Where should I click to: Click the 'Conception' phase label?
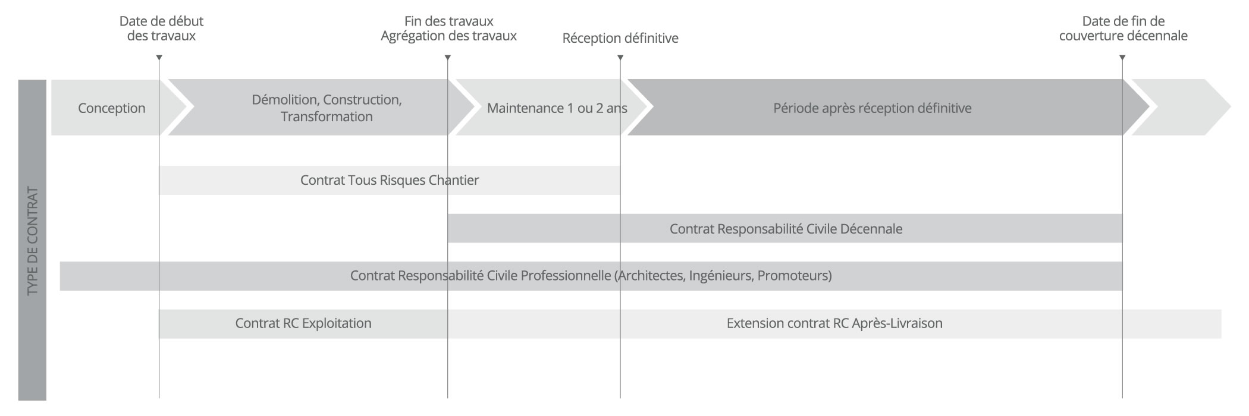click(x=112, y=108)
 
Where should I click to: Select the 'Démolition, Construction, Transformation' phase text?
click(x=327, y=108)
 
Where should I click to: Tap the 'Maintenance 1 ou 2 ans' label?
click(x=557, y=108)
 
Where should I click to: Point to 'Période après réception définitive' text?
click(x=873, y=108)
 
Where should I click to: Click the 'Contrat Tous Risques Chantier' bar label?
click(x=390, y=180)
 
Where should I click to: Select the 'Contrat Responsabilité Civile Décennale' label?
click(x=786, y=229)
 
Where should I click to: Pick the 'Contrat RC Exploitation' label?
click(x=303, y=323)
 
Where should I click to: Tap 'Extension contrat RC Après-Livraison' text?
click(x=834, y=323)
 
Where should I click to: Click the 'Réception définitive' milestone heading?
click(x=620, y=39)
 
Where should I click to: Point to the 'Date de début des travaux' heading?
click(x=161, y=29)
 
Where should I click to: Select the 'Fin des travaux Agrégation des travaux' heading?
click(x=448, y=29)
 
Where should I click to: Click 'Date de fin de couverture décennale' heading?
click(x=1123, y=29)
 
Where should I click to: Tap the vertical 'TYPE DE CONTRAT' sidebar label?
click(x=33, y=241)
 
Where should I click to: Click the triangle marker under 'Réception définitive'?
click(x=620, y=58)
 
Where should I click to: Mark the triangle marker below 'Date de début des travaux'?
click(x=159, y=58)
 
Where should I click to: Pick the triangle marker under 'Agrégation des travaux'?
click(x=448, y=58)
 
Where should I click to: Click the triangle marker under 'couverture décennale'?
click(x=1122, y=58)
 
